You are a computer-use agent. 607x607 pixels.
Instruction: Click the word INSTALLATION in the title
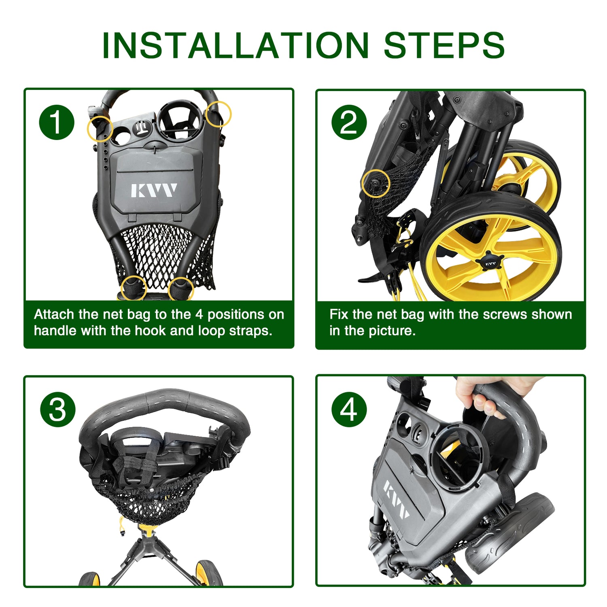(x=236, y=45)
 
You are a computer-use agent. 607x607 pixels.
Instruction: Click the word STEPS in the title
(x=444, y=45)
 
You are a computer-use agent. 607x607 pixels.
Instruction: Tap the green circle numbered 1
(x=57, y=122)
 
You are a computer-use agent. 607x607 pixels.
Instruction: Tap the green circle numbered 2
(x=349, y=122)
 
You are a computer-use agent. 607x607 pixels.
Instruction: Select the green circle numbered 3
(x=57, y=409)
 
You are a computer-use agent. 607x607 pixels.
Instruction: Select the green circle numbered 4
(x=349, y=409)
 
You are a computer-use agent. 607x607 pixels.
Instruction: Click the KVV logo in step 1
(x=154, y=190)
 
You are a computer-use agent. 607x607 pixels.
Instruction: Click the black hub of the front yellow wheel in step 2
(x=490, y=262)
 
